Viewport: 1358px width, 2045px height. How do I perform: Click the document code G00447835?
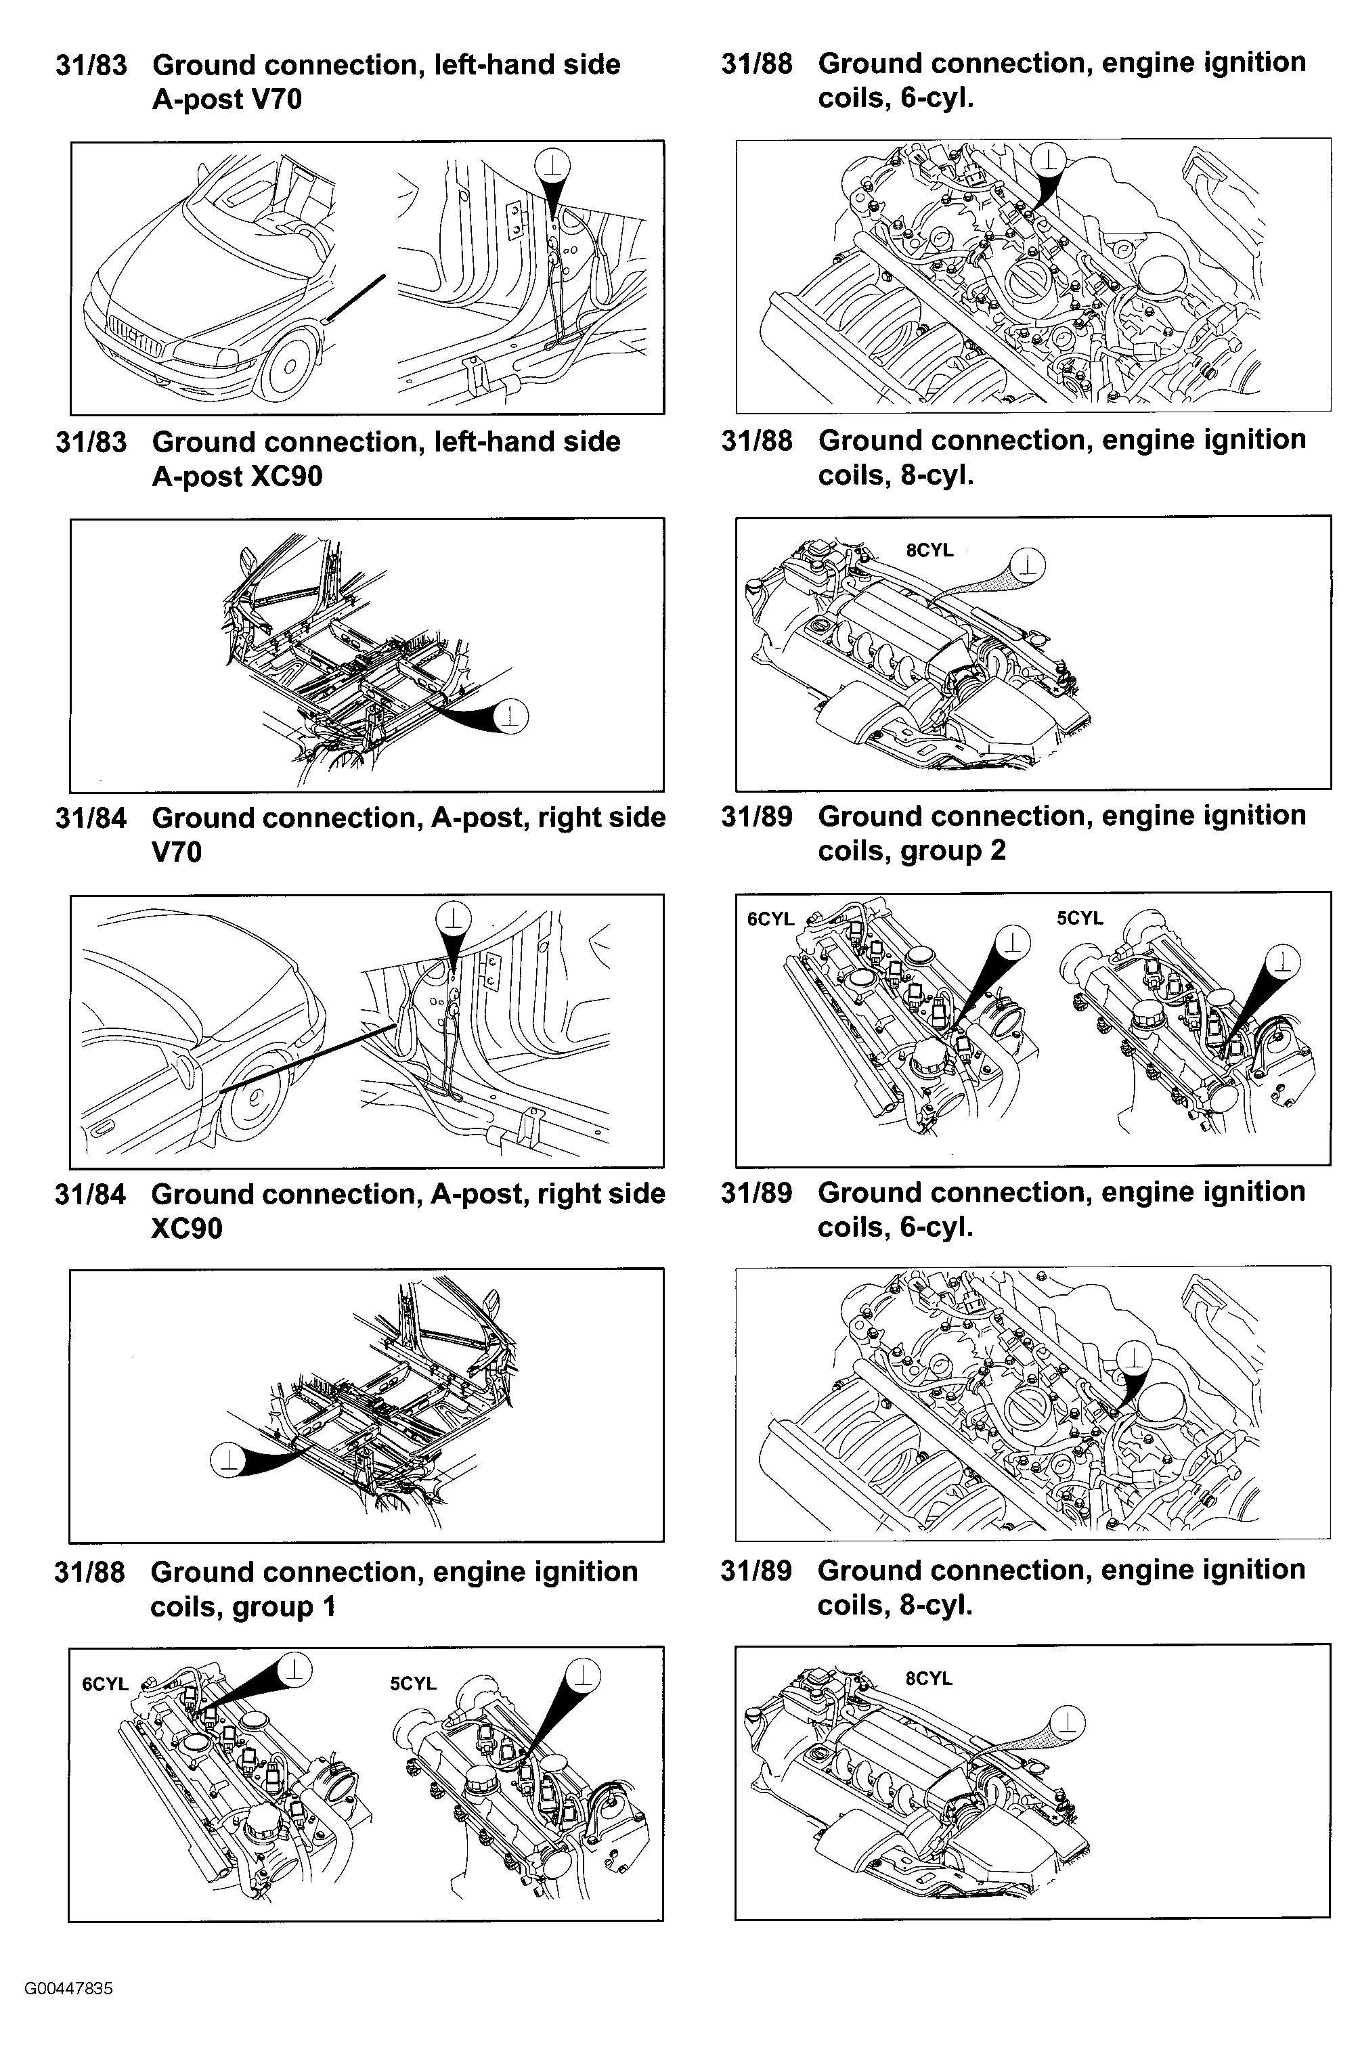point(68,1981)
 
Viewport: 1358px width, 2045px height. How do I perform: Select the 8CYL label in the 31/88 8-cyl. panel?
point(929,550)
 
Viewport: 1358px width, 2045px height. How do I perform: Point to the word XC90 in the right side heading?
point(186,1229)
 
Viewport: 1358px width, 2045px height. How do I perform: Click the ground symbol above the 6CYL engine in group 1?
point(295,1669)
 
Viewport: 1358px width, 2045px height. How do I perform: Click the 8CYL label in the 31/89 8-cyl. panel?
point(928,1679)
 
